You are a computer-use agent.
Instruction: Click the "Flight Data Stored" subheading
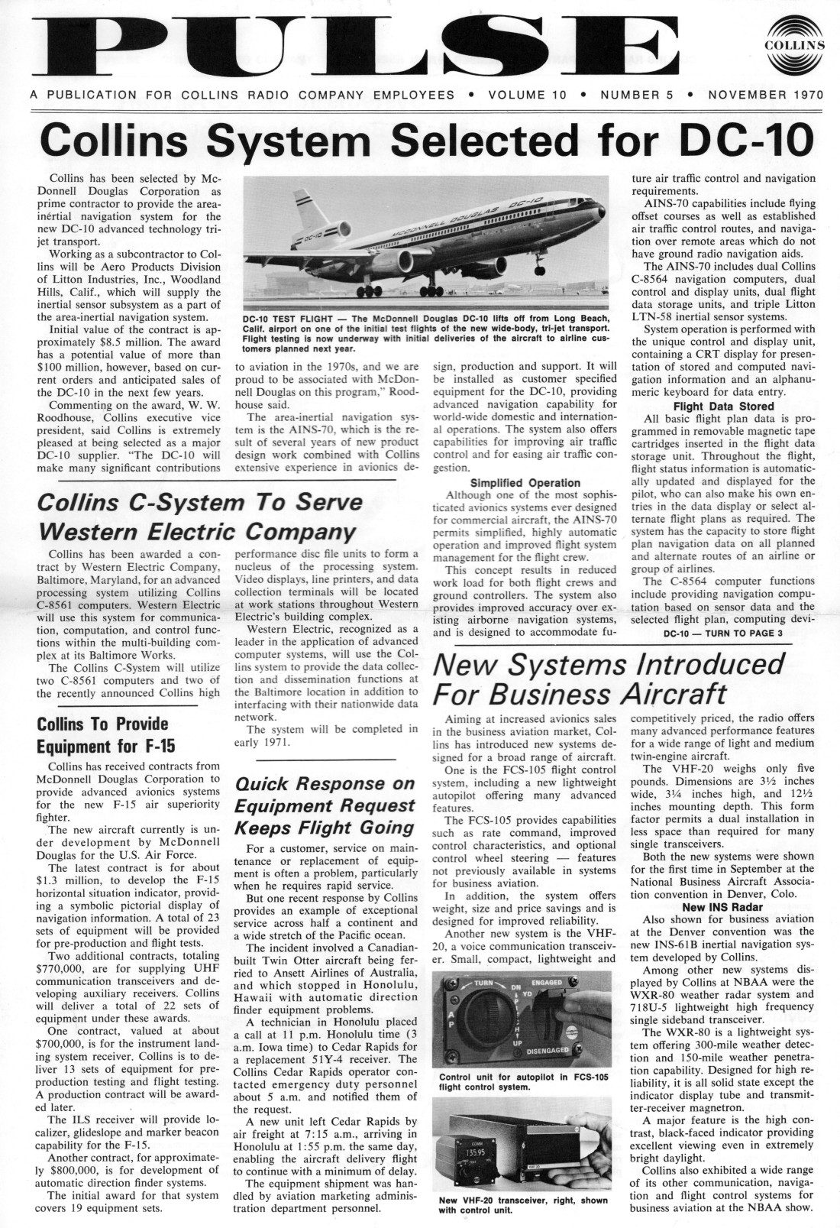click(x=723, y=406)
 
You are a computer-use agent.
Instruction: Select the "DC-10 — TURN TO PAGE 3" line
click(x=723, y=633)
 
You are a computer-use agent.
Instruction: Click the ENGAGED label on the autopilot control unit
click(x=545, y=982)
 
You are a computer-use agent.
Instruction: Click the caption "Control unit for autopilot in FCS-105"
click(x=523, y=1077)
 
